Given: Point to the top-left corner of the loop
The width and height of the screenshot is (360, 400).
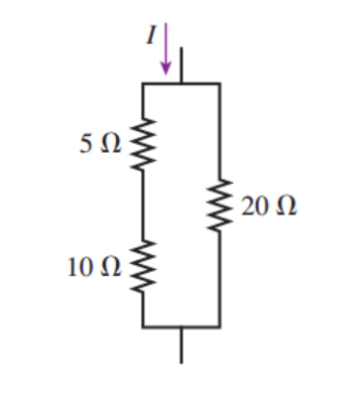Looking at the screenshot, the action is click(144, 84).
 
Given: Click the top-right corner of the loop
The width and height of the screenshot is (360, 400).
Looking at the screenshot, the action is click(219, 84).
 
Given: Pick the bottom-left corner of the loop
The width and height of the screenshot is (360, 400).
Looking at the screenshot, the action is click(144, 327).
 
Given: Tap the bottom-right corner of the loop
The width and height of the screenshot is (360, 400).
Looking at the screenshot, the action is click(219, 327).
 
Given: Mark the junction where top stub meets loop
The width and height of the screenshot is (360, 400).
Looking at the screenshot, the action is click(181, 84).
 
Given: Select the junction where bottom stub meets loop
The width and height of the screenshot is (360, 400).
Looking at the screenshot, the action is click(181, 327).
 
